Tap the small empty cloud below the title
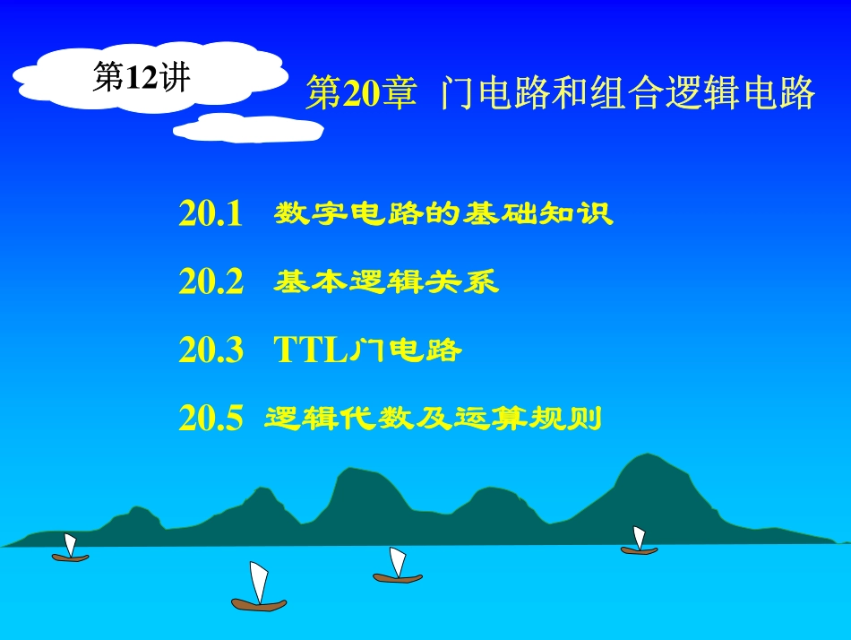(248, 129)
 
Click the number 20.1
(211, 214)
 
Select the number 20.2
(211, 282)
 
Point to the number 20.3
(211, 350)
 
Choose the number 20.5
(211, 418)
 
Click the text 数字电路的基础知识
(443, 214)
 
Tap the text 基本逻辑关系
(385, 282)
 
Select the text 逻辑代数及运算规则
(433, 418)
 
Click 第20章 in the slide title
(360, 94)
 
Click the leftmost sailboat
(70, 549)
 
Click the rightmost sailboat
(639, 541)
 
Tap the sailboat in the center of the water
(397, 567)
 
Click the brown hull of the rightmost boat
(639, 550)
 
